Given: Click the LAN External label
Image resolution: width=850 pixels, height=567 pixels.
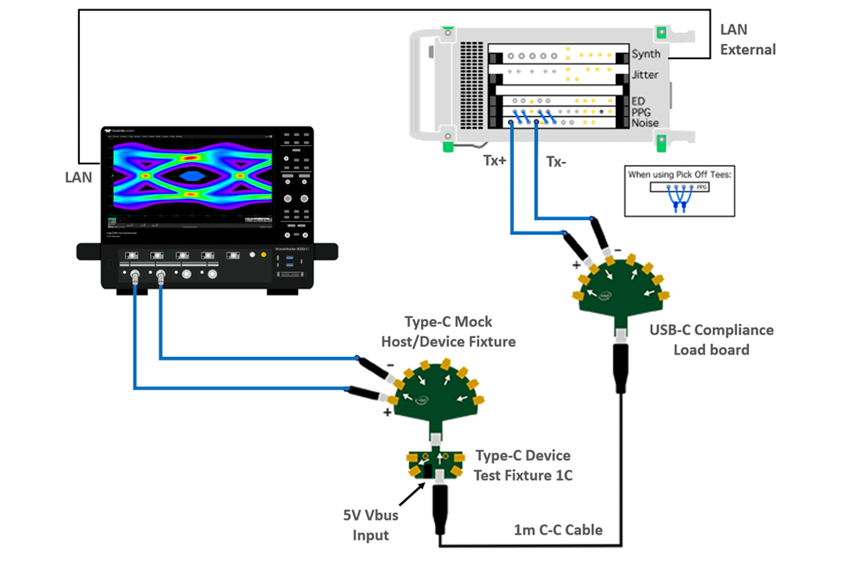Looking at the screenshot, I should click(x=747, y=40).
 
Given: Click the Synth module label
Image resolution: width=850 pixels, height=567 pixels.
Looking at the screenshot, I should click(x=646, y=54).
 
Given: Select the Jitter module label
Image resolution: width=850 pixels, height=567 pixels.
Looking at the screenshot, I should click(x=645, y=75).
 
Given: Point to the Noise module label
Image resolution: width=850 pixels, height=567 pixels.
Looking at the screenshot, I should click(x=645, y=123).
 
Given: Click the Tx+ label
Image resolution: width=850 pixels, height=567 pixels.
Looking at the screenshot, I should click(x=494, y=160).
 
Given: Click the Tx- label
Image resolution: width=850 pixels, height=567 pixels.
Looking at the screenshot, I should click(x=555, y=161).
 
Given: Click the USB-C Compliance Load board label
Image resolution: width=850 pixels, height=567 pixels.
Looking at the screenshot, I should click(x=711, y=340).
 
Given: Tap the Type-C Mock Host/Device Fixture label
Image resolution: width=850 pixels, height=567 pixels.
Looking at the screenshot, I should click(x=448, y=331).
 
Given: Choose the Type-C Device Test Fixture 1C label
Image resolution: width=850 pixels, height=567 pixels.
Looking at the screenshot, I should click(x=523, y=465).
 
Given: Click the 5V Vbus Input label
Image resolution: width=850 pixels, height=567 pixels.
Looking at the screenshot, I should click(x=371, y=525).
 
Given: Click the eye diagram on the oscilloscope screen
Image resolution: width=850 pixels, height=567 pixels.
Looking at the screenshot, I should click(x=192, y=175).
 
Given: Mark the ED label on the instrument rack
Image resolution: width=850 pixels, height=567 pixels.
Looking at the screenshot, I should click(x=638, y=101).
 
